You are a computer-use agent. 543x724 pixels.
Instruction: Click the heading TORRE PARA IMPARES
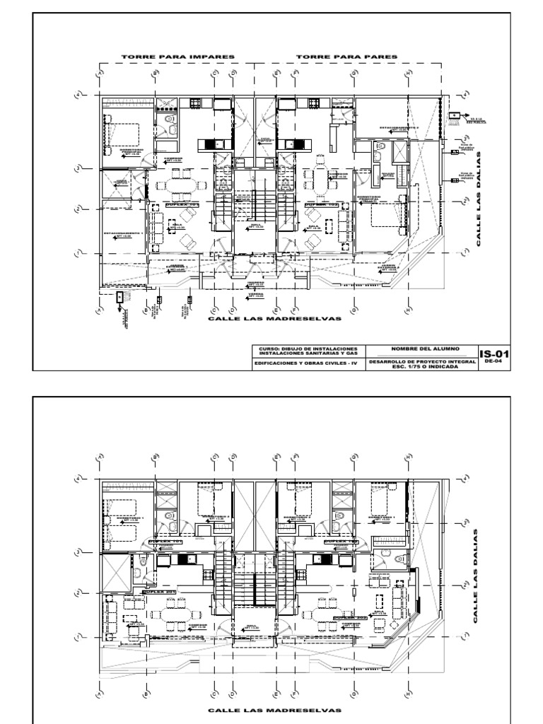[x=178, y=56]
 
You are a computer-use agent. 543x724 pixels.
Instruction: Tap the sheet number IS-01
[x=494, y=354]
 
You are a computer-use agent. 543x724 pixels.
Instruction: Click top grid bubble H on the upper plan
[x=408, y=73]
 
